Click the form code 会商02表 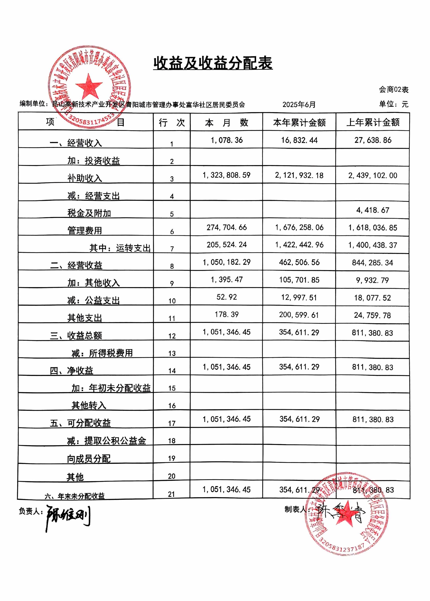click(393, 90)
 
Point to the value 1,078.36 click(227, 140)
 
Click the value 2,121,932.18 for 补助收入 click(299, 175)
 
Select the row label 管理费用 click(85, 230)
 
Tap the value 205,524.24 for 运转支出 click(227, 245)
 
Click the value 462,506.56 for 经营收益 click(299, 262)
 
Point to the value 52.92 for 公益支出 click(227, 297)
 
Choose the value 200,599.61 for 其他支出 click(299, 315)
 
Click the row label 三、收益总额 click(76, 336)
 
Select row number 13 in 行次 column click(172, 353)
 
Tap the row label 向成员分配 click(89, 459)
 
